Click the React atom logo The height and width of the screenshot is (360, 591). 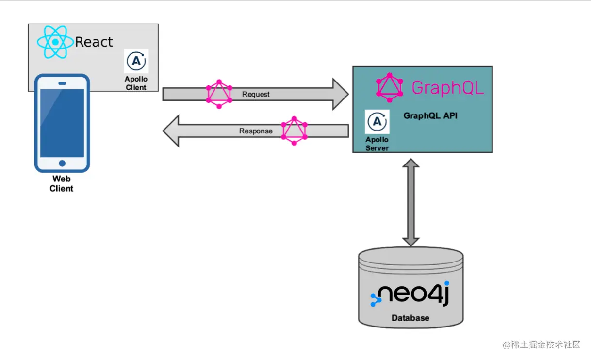click(55, 42)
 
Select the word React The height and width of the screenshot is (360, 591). click(94, 42)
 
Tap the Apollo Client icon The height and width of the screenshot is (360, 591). click(136, 61)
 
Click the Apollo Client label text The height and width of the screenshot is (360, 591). click(136, 83)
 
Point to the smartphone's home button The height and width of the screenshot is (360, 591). click(62, 164)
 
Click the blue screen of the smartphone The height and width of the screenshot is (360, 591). click(62, 123)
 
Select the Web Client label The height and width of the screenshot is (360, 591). click(62, 184)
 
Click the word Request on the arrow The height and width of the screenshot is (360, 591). click(256, 94)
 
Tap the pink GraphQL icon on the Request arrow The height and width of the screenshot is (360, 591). click(219, 94)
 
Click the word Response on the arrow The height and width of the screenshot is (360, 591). click(256, 131)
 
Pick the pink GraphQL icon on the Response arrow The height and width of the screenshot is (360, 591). click(294, 131)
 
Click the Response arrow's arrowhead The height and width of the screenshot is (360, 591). click(171, 131)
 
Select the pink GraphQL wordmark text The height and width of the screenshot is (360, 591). click(447, 88)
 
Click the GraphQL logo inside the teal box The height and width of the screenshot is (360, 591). click(390, 87)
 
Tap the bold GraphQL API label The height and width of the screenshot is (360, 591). click(430, 116)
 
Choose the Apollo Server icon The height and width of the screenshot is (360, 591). click(378, 122)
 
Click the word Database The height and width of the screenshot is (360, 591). click(410, 318)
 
